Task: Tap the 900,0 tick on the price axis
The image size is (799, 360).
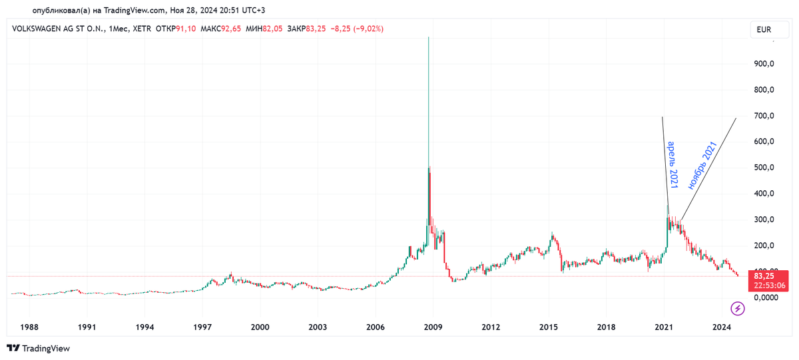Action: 764,64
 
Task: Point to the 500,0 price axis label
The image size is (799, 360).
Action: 764,168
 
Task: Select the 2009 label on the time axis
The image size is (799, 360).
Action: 433,327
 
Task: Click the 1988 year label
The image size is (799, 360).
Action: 30,327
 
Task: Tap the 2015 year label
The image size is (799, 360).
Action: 549,327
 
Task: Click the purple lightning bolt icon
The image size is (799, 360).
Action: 738,308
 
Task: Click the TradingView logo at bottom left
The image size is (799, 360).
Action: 38,348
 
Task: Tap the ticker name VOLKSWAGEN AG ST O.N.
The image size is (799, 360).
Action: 57,29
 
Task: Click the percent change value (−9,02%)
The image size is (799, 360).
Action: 365,29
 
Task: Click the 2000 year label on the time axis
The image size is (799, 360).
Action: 260,327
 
